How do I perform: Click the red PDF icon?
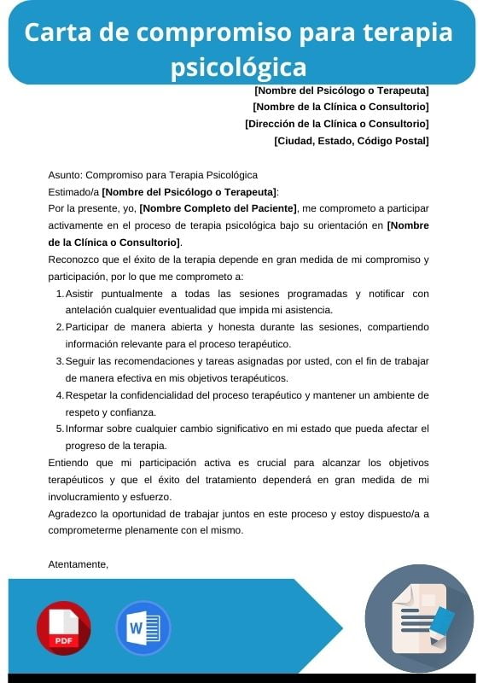click(x=63, y=628)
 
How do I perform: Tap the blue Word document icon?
click(x=143, y=628)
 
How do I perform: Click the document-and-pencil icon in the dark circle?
click(x=419, y=619)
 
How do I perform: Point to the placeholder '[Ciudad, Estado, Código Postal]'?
click(x=351, y=141)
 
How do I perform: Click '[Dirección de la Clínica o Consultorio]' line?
click(x=336, y=124)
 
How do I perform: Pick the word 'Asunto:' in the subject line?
click(x=66, y=175)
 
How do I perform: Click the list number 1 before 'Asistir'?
click(x=60, y=294)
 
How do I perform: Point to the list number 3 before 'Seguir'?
click(x=60, y=361)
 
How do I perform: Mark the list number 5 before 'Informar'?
click(x=60, y=429)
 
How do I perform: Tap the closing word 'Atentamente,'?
click(x=79, y=564)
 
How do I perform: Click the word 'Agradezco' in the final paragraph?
click(x=73, y=513)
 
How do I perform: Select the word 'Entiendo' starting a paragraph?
click(x=69, y=463)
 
